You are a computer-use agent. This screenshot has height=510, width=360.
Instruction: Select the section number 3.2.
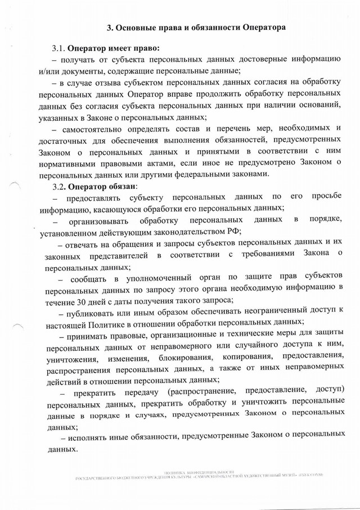pyautogui.click(x=60, y=186)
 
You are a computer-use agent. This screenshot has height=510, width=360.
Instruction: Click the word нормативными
pyautogui.click(x=75, y=163)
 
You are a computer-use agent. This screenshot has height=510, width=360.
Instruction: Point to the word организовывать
pyautogui.click(x=101, y=221)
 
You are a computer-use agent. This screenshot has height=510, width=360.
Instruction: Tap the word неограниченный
pyautogui.click(x=280, y=314)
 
